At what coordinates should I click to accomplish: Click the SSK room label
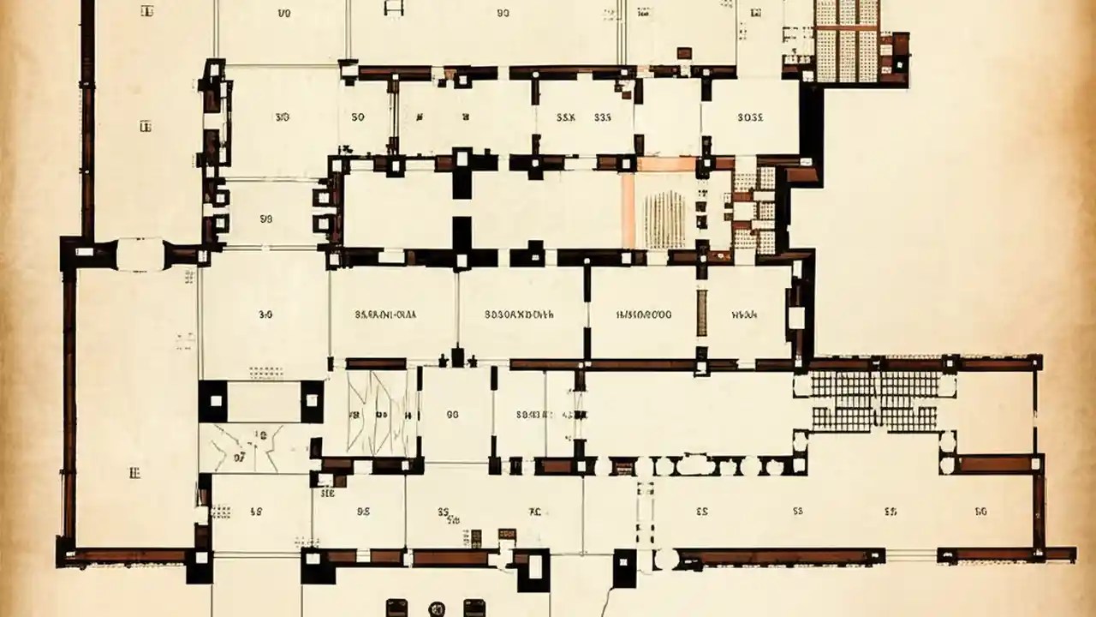566,117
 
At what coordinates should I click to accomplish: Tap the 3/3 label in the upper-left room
281,117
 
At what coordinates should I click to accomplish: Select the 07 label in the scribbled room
240,458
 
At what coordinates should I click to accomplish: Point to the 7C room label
535,512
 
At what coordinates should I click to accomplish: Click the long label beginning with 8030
519,314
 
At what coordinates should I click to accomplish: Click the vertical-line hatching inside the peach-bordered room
664,219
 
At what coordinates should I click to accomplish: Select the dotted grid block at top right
846,39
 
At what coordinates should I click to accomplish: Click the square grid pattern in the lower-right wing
874,400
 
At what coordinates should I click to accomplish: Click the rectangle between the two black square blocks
263,401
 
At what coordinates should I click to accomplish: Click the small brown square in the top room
683,52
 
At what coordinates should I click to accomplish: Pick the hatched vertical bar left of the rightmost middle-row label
702,313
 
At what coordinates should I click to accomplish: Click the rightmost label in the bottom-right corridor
980,512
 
